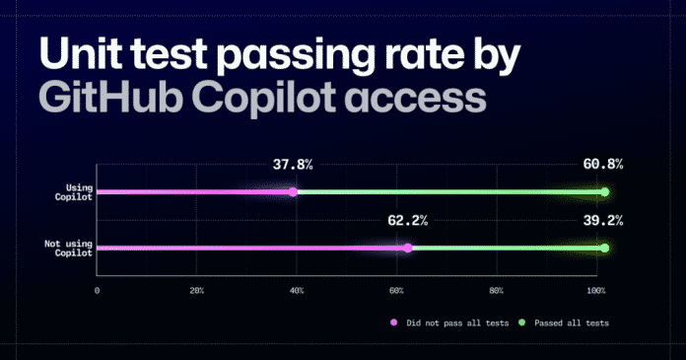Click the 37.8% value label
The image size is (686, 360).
click(x=292, y=165)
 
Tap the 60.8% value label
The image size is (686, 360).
click(x=602, y=165)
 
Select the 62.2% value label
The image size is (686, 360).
click(x=407, y=221)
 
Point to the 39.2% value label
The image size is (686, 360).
click(x=602, y=221)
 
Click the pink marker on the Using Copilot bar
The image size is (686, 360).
click(x=294, y=192)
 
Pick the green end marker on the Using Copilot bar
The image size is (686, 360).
click(x=605, y=192)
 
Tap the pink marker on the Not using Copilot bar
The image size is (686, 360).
click(x=408, y=249)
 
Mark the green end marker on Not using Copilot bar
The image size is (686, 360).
click(x=605, y=249)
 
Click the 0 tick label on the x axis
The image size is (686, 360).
click(x=97, y=292)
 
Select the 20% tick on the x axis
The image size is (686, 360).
click(x=196, y=292)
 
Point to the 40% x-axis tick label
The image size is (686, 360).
click(x=297, y=292)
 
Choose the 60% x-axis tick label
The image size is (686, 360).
click(x=396, y=292)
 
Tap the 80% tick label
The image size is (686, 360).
click(x=497, y=292)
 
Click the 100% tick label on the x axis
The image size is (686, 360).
click(x=594, y=292)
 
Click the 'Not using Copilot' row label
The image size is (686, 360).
click(x=67, y=249)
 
